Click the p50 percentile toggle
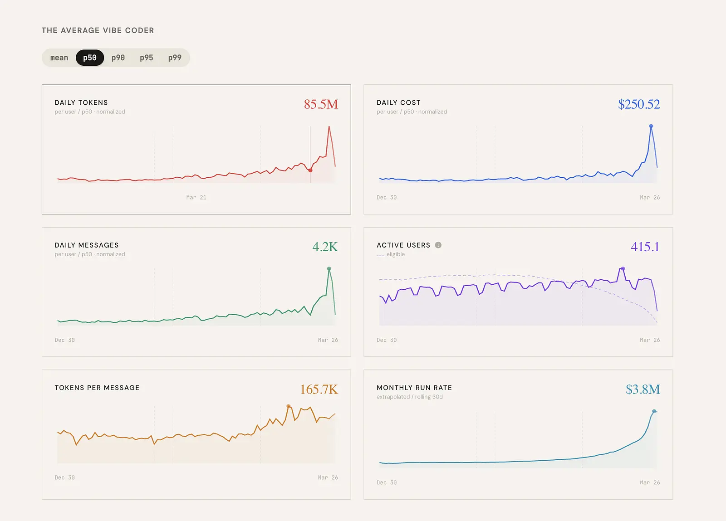[90, 58]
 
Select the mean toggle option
[59, 58]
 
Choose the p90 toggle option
[118, 58]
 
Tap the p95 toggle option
[147, 58]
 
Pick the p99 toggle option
[175, 58]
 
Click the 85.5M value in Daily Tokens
[321, 104]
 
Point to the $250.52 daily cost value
[639, 104]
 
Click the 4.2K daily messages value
[325, 247]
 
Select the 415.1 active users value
[645, 247]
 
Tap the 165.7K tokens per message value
[319, 389]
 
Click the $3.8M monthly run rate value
[643, 389]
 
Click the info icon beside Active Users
[438, 245]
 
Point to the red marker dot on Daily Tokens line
[310, 170]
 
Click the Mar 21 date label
[196, 198]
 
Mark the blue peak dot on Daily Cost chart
[651, 126]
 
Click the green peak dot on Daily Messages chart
[329, 268]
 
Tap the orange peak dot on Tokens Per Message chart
[289, 406]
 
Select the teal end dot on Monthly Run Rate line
[654, 411]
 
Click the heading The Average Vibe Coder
[98, 30]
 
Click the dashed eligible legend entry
[391, 254]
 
